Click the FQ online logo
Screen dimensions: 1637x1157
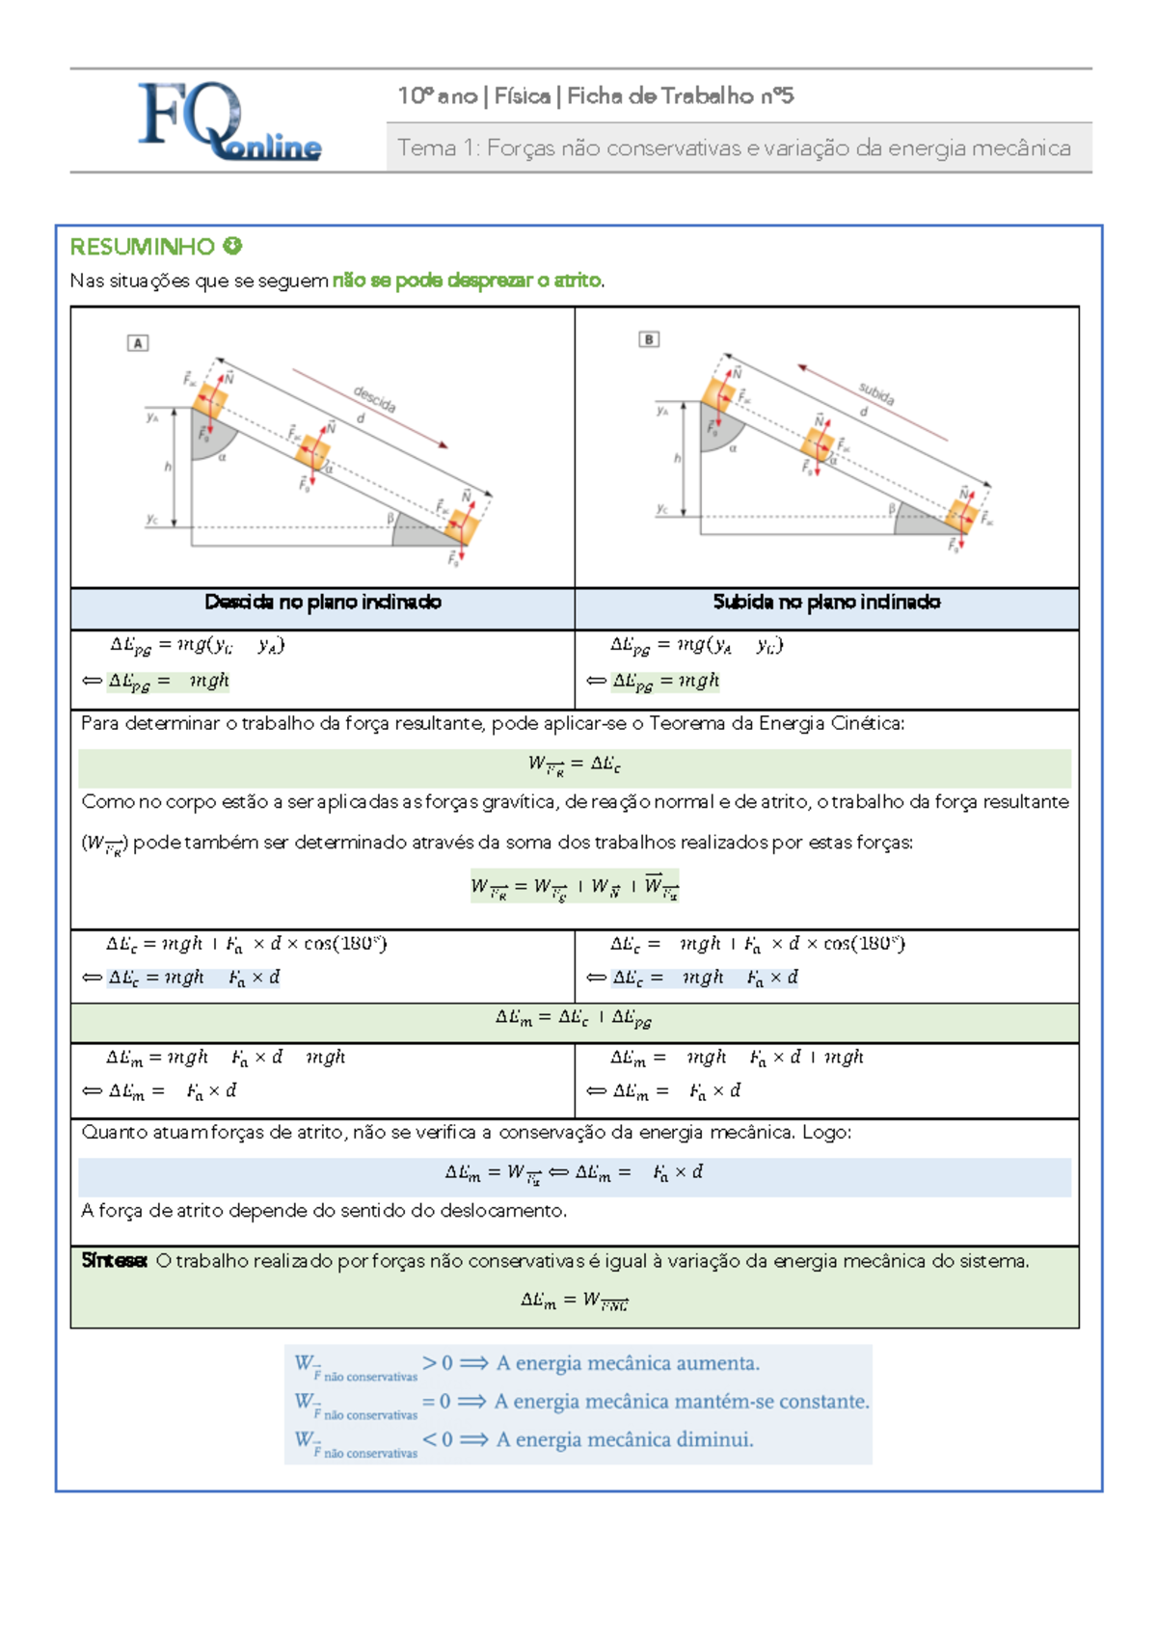pos(229,121)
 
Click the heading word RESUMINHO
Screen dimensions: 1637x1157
pos(142,247)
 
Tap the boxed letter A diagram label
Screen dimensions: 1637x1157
pos(138,343)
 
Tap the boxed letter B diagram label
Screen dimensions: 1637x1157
pos(649,339)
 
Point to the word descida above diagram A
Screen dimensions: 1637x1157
pos(374,399)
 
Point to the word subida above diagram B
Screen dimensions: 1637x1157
pos(876,392)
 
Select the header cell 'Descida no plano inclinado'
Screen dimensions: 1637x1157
pos(322,603)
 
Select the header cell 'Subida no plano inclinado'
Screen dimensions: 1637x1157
pos(826,603)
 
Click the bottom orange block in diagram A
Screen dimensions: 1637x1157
pos(462,525)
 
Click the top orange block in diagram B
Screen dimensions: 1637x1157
pos(718,394)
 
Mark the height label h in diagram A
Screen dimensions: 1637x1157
pos(168,467)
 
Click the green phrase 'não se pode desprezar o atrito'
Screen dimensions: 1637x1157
pos(467,281)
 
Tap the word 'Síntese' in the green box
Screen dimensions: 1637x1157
pos(114,1261)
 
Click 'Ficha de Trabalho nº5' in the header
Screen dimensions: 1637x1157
pos(680,95)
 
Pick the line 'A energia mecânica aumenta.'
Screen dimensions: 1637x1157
pos(628,1363)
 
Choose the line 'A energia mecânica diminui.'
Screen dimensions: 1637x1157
pos(625,1439)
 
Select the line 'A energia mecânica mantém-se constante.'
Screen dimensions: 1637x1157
pos(682,1402)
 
